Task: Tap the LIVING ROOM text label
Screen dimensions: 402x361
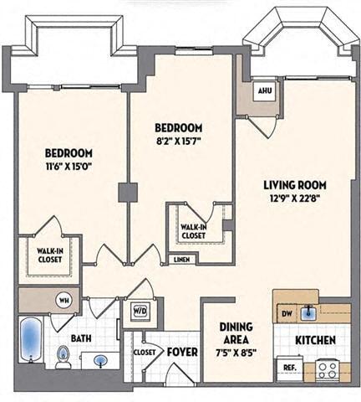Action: coord(294,185)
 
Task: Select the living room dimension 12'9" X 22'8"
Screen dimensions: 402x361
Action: coord(294,198)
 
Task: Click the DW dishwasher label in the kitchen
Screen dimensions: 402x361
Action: coord(287,313)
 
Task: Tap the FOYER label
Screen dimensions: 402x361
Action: coord(181,352)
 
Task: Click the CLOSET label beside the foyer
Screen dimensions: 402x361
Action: coord(145,353)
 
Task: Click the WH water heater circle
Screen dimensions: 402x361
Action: coord(64,299)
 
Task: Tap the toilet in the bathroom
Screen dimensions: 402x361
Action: coord(63,359)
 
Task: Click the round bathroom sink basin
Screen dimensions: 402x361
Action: coord(101,361)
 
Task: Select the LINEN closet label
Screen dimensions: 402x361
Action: coord(181,260)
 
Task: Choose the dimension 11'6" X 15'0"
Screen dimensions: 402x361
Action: coord(69,167)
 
